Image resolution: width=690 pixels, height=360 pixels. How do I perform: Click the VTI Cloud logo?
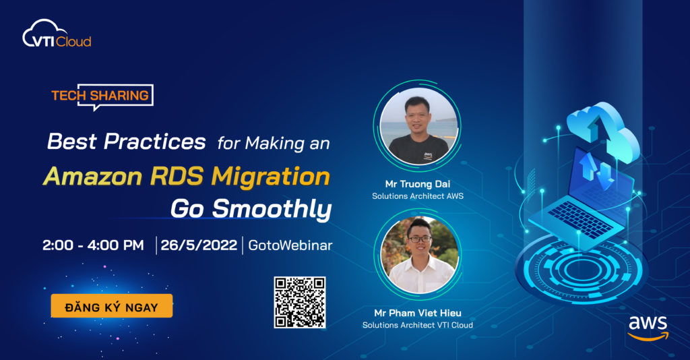(57, 34)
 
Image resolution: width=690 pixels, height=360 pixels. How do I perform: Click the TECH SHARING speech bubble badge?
(102, 96)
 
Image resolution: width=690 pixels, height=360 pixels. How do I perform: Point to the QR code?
(300, 302)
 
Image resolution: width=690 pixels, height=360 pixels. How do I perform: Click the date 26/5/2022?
(199, 245)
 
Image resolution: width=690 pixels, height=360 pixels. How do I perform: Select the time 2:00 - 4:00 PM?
(93, 245)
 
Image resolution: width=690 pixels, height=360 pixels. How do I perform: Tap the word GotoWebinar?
(290, 245)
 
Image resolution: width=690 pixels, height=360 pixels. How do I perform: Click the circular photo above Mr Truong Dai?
(418, 125)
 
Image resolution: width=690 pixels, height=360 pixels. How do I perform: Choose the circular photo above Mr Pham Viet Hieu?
(418, 254)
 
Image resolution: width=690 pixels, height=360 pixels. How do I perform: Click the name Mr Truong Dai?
(418, 184)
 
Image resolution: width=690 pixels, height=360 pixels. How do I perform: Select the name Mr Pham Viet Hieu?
(418, 313)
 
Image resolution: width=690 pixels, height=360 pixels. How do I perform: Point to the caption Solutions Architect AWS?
(418, 196)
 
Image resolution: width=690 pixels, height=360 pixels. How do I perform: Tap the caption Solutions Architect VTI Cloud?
(418, 325)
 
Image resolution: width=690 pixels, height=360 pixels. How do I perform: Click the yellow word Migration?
(271, 177)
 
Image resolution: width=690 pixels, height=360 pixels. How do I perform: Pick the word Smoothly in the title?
(272, 208)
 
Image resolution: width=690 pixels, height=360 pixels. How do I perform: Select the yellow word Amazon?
(92, 176)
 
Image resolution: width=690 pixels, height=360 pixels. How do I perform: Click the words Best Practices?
(126, 142)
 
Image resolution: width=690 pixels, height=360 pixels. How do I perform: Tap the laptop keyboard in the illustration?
(580, 218)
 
